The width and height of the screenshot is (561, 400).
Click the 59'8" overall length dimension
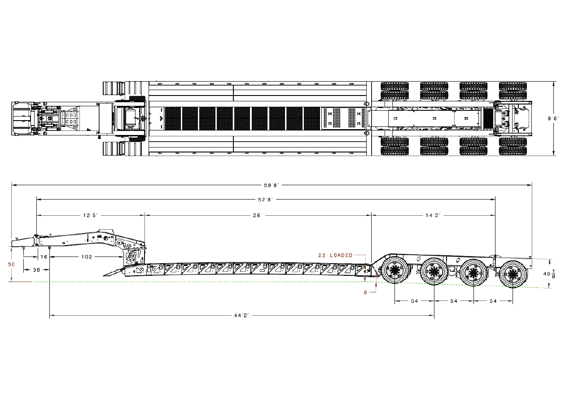[x=271, y=186]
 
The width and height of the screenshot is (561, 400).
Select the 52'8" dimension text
[x=266, y=200]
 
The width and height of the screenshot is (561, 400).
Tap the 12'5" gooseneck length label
[x=91, y=215]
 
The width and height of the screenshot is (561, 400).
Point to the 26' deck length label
[x=257, y=215]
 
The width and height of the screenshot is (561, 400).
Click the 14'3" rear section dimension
[x=433, y=215]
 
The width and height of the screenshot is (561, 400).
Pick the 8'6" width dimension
[x=553, y=118]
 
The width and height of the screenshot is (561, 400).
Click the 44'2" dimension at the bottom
[x=242, y=316]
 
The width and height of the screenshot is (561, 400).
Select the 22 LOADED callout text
[x=335, y=255]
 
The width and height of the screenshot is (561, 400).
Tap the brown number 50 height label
[x=12, y=264]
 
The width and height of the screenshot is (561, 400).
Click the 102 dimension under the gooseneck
[x=87, y=257]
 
